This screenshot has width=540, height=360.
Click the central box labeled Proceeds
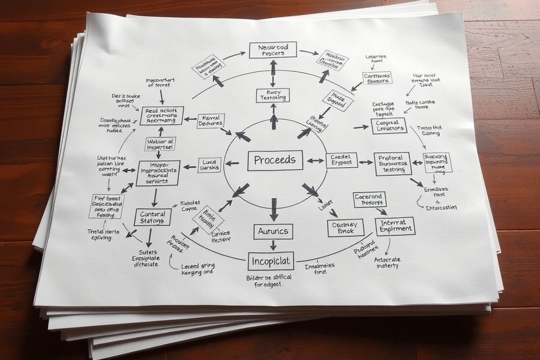[275, 160]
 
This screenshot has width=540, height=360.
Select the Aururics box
[273, 230]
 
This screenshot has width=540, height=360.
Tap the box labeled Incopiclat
[271, 261]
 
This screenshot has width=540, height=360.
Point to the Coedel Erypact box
[341, 160]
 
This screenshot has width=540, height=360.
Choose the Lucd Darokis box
[209, 165]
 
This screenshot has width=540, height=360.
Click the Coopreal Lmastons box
[388, 125]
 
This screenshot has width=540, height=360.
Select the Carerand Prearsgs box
[370, 199]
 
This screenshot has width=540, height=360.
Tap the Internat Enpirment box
[395, 226]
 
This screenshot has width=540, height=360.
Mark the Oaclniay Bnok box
[344, 227]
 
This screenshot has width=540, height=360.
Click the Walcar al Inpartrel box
[160, 144]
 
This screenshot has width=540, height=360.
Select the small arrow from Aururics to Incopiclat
[273, 245]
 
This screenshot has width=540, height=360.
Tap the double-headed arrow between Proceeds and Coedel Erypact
[313, 161]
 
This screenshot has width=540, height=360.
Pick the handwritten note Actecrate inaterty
[387, 262]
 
